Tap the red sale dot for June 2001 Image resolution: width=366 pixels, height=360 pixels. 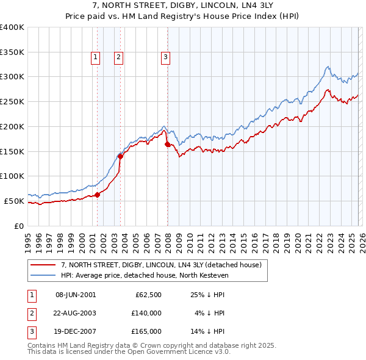point(97,195)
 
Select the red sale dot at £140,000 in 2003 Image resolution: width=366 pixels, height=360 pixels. point(121,156)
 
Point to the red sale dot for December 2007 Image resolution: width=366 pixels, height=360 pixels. point(168,144)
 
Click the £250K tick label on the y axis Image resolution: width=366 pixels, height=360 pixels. point(12,102)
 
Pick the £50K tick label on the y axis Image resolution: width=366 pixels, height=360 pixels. point(14,201)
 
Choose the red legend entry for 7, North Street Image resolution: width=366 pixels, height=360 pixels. point(161,265)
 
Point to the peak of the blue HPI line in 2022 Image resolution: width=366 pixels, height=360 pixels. point(328,67)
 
